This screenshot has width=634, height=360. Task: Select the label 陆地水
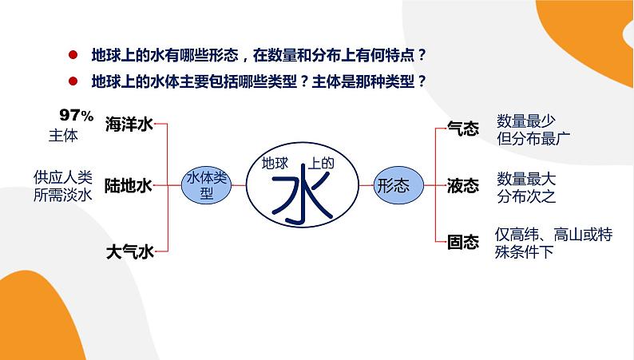tap(129, 186)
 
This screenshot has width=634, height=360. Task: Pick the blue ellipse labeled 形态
tap(393, 185)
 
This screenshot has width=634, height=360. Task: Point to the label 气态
tap(463, 129)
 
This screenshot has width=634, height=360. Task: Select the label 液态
tap(463, 186)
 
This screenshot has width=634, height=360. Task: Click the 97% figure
tap(77, 114)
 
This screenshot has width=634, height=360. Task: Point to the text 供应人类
tap(64, 176)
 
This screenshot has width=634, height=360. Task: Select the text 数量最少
tap(525, 120)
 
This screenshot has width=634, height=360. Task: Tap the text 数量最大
tap(525, 178)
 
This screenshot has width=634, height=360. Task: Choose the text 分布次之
tap(525, 196)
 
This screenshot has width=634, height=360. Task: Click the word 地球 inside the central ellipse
tap(275, 163)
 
